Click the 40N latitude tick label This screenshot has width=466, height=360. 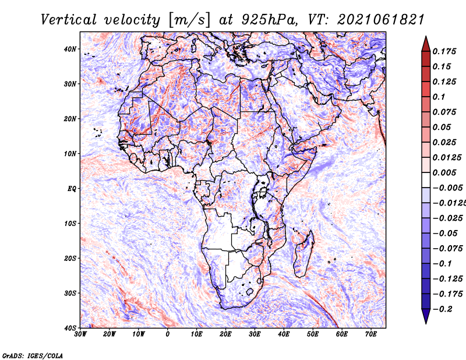70,49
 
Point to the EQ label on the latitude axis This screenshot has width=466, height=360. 72,189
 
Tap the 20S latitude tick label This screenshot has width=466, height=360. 70,258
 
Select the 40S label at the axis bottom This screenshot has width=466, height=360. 70,328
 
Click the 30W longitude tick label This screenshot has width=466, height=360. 80,334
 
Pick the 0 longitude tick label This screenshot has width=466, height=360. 168,334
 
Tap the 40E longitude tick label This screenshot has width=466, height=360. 284,334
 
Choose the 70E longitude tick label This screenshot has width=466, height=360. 371,334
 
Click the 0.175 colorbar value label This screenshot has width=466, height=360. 444,51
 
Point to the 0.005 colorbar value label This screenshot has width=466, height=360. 444,172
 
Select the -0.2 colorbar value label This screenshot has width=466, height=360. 443,309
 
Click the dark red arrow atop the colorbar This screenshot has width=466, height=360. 426,44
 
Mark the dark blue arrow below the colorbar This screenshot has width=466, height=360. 426,316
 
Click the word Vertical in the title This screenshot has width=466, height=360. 69,20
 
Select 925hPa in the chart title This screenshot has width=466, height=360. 269,20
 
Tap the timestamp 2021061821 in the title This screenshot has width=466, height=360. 381,20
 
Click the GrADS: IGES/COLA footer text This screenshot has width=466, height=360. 33,356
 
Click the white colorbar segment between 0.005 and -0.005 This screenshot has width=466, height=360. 426,180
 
